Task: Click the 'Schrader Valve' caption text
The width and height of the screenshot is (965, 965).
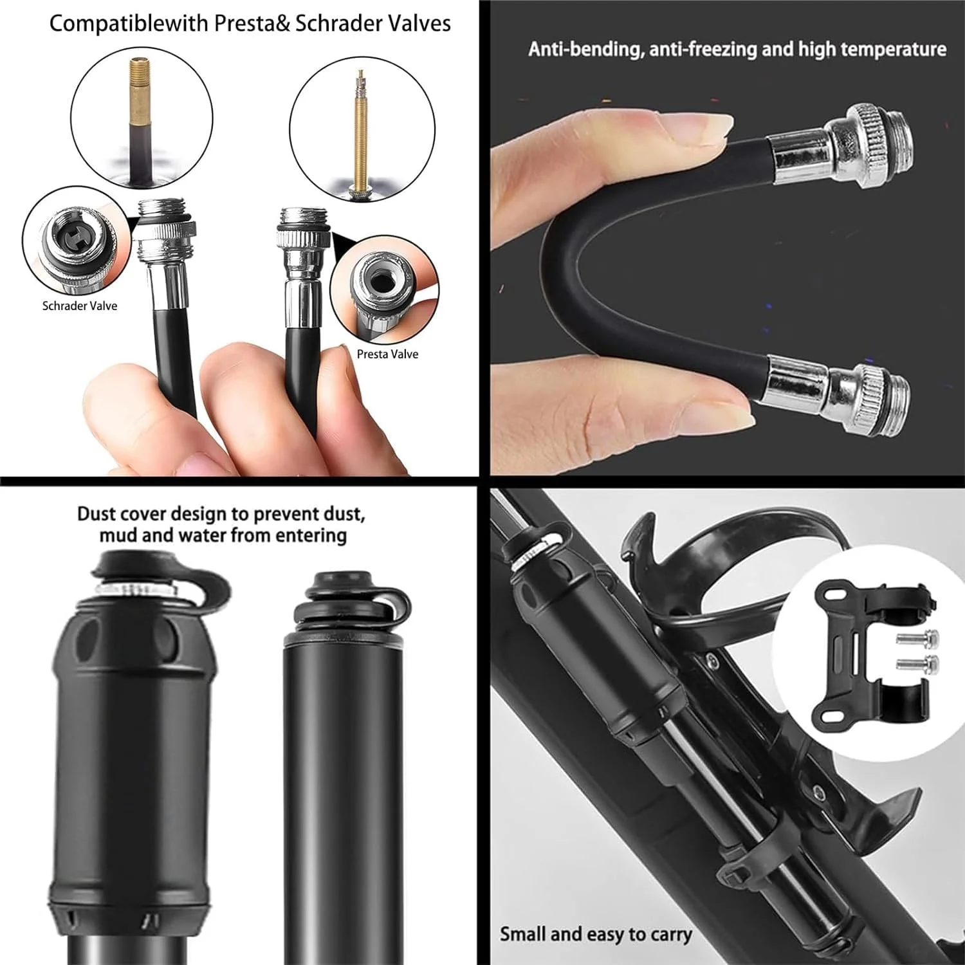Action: (x=80, y=306)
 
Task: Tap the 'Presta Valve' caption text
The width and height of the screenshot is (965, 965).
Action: (x=387, y=354)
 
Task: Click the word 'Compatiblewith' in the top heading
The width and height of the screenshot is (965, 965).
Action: (x=129, y=24)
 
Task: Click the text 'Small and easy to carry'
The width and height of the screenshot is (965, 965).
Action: (x=596, y=934)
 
